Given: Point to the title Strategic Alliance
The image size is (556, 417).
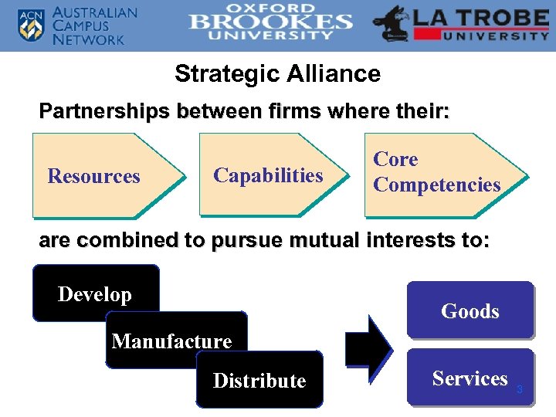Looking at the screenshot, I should tap(277, 74).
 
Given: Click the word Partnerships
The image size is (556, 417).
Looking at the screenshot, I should tap(103, 111).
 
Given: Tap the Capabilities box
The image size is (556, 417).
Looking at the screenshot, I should tap(268, 175).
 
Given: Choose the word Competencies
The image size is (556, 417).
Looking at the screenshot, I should tap(436, 185).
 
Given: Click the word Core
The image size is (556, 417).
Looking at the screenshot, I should tap(395, 160).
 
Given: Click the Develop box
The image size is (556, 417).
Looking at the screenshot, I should tap(95, 293).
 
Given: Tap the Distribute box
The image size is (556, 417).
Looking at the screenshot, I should tap(259, 380).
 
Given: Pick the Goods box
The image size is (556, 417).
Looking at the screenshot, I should tap(470, 310).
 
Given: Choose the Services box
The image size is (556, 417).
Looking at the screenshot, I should tap(470, 378).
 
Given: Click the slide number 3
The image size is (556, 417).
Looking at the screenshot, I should tap(520, 390).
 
